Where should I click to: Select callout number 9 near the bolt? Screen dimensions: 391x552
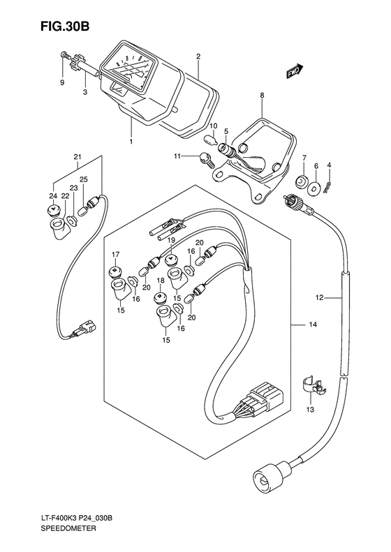click(62, 83)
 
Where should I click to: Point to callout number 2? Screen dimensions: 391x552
click(198, 56)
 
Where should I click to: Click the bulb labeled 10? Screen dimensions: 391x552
click(210, 138)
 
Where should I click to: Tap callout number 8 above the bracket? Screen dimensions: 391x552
click(262, 95)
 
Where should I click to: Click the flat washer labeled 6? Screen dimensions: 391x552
click(313, 188)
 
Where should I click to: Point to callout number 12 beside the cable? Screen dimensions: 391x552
click(319, 298)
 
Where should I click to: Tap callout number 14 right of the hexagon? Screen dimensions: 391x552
click(313, 325)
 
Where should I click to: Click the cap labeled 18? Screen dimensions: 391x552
click(161, 297)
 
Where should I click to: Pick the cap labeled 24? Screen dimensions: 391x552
click(54, 211)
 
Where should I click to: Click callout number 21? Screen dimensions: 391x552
click(78, 156)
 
